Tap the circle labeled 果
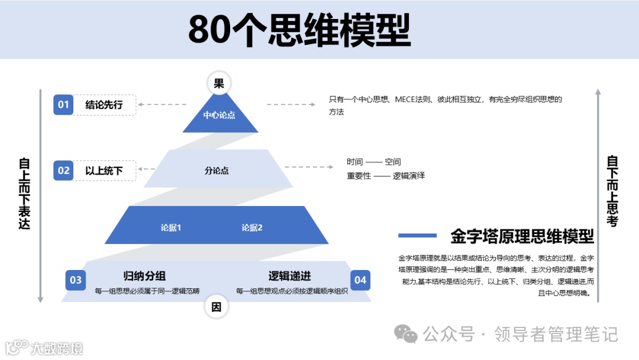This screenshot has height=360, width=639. pos(219,83)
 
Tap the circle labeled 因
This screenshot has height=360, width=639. pos(217,307)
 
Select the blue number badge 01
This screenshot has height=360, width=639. pos(63,105)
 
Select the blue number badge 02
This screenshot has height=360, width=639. pos(63,171)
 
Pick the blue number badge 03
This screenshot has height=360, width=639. pos(76,280)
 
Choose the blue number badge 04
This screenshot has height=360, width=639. pos(360,280)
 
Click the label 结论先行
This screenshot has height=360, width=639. pos(104,105)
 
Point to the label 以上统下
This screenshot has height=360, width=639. pos(104,171)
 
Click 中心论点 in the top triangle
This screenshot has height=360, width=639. pos(219,115)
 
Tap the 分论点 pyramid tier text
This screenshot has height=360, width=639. pos(217,171)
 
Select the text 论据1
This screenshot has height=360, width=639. pos(170,227)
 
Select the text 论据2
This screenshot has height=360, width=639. pos(252,227)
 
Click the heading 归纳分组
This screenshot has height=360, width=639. pos(144,276)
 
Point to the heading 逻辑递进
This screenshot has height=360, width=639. pos(290,276)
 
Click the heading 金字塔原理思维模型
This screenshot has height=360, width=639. pos(522,236)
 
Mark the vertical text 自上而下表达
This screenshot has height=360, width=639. pos(24,194)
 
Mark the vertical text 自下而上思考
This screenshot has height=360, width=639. pos(612,191)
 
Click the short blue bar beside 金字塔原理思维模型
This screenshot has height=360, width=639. pos(417,236)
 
